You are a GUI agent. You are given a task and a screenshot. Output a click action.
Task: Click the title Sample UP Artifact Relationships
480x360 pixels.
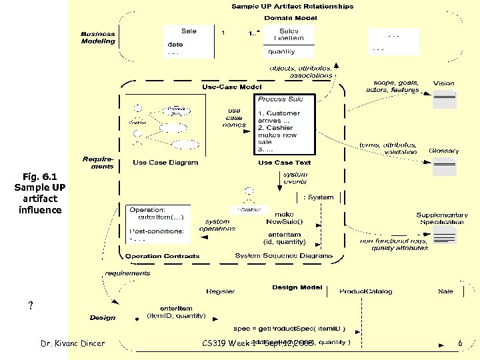(x=292, y=7)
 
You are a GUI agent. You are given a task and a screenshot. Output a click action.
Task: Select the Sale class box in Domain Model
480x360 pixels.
(x=189, y=41)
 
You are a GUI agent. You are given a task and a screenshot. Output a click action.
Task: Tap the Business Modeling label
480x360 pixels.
(x=98, y=37)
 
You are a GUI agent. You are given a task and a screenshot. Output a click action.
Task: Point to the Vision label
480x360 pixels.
(x=444, y=84)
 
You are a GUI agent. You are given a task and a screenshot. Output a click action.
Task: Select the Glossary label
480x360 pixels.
(x=443, y=151)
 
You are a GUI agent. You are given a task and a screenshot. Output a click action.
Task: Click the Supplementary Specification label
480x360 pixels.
(x=442, y=219)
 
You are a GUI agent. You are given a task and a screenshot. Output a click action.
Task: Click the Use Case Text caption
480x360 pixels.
(x=284, y=163)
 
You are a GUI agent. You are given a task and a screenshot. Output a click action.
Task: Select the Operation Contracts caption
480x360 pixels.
(x=163, y=256)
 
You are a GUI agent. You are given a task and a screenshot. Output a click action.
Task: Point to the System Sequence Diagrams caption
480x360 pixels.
(x=284, y=256)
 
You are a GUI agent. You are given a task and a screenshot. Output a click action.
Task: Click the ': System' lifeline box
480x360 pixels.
(x=318, y=197)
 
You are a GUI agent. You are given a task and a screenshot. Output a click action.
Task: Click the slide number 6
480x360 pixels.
(x=460, y=343)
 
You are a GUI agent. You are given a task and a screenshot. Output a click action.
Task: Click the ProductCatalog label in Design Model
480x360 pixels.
(x=365, y=291)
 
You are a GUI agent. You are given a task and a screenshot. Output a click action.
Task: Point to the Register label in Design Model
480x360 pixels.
(x=220, y=291)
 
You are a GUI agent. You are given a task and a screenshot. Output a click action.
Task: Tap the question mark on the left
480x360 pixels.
(x=31, y=306)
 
